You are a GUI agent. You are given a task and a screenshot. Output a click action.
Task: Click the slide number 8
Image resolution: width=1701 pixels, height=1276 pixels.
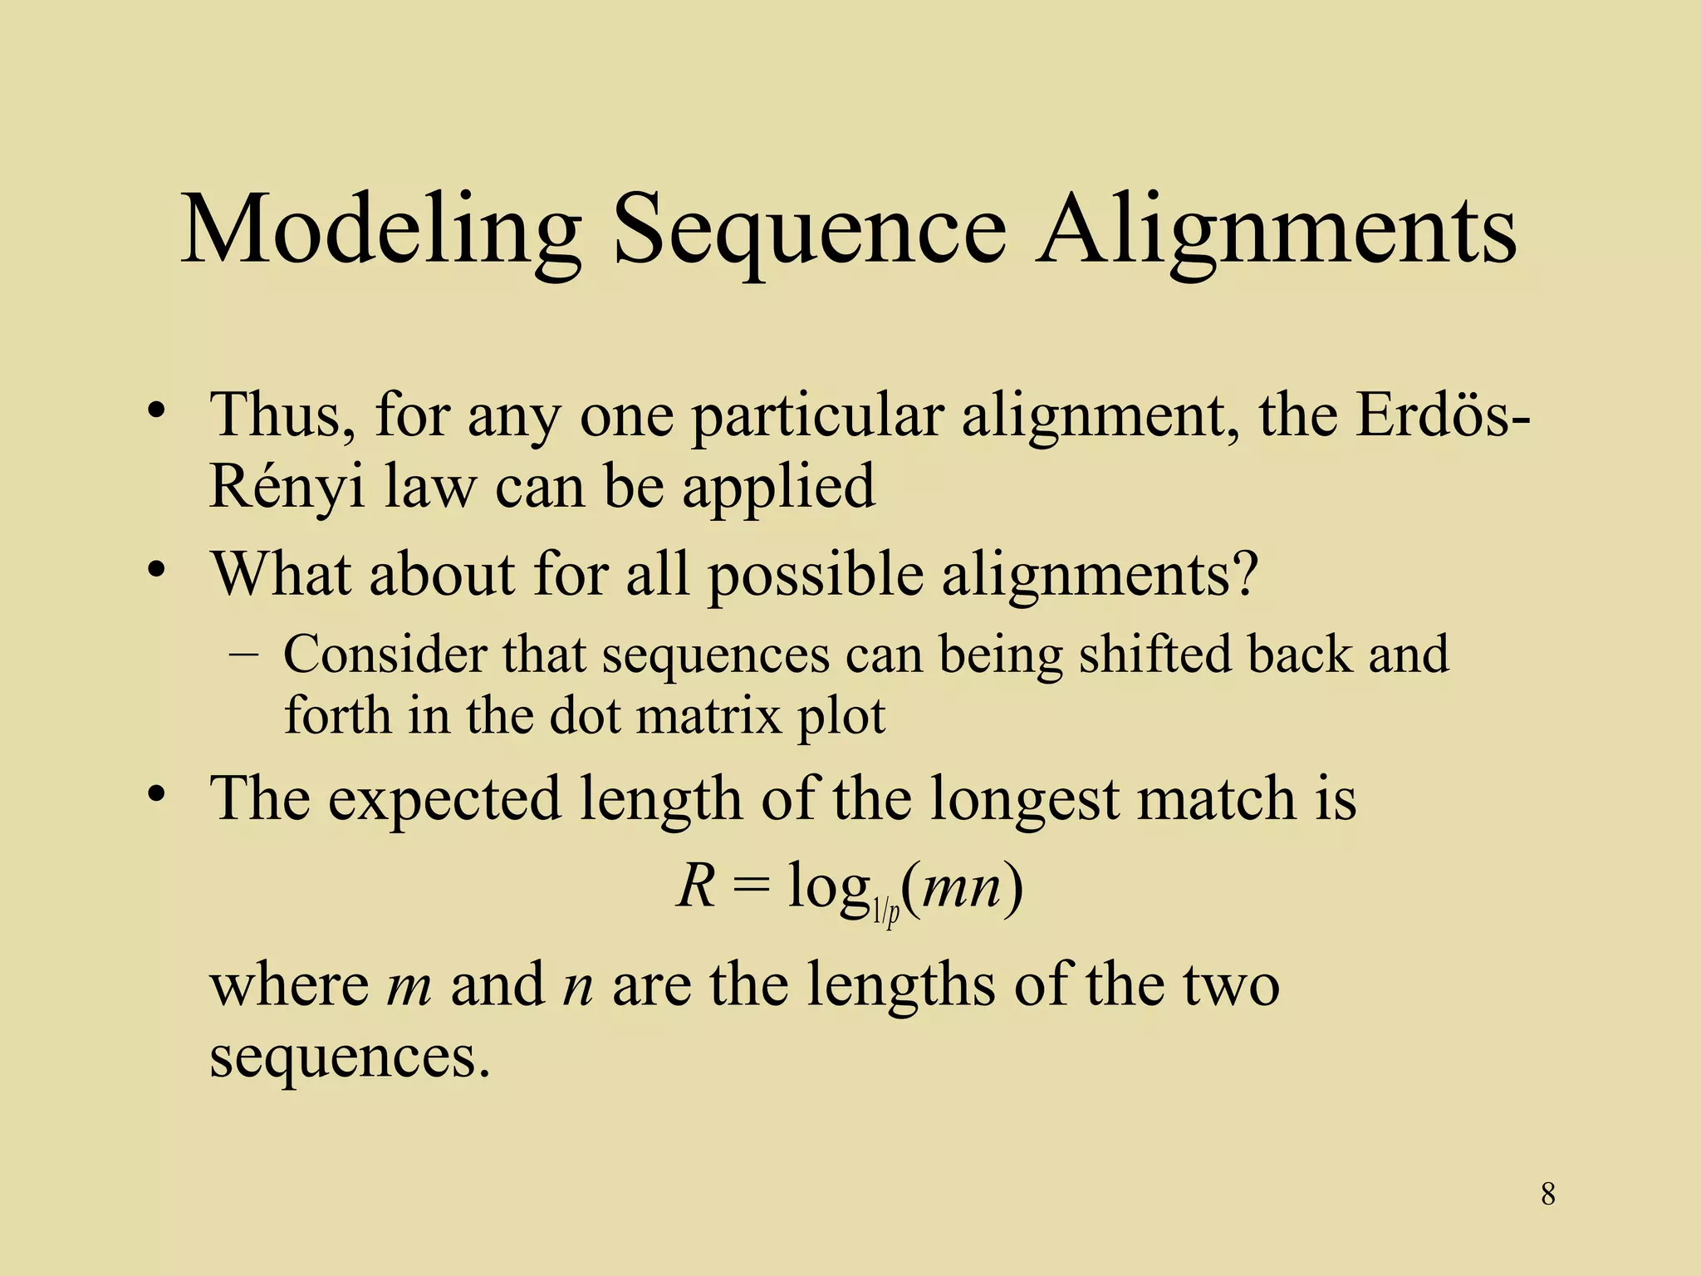point(1547,1195)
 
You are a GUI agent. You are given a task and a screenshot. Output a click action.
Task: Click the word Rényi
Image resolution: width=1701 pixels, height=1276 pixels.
point(287,487)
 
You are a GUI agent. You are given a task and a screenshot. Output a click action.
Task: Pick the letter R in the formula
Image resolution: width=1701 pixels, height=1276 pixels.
point(696,886)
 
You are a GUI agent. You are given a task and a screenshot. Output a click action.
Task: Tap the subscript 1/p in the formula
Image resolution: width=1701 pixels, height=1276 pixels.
point(885,912)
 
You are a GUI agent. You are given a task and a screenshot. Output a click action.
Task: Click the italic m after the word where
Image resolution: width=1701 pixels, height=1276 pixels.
point(409,985)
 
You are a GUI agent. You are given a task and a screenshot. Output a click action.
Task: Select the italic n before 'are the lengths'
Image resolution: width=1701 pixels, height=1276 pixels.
point(577,985)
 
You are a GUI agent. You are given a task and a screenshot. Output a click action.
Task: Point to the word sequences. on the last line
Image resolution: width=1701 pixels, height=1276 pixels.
point(349,1057)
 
